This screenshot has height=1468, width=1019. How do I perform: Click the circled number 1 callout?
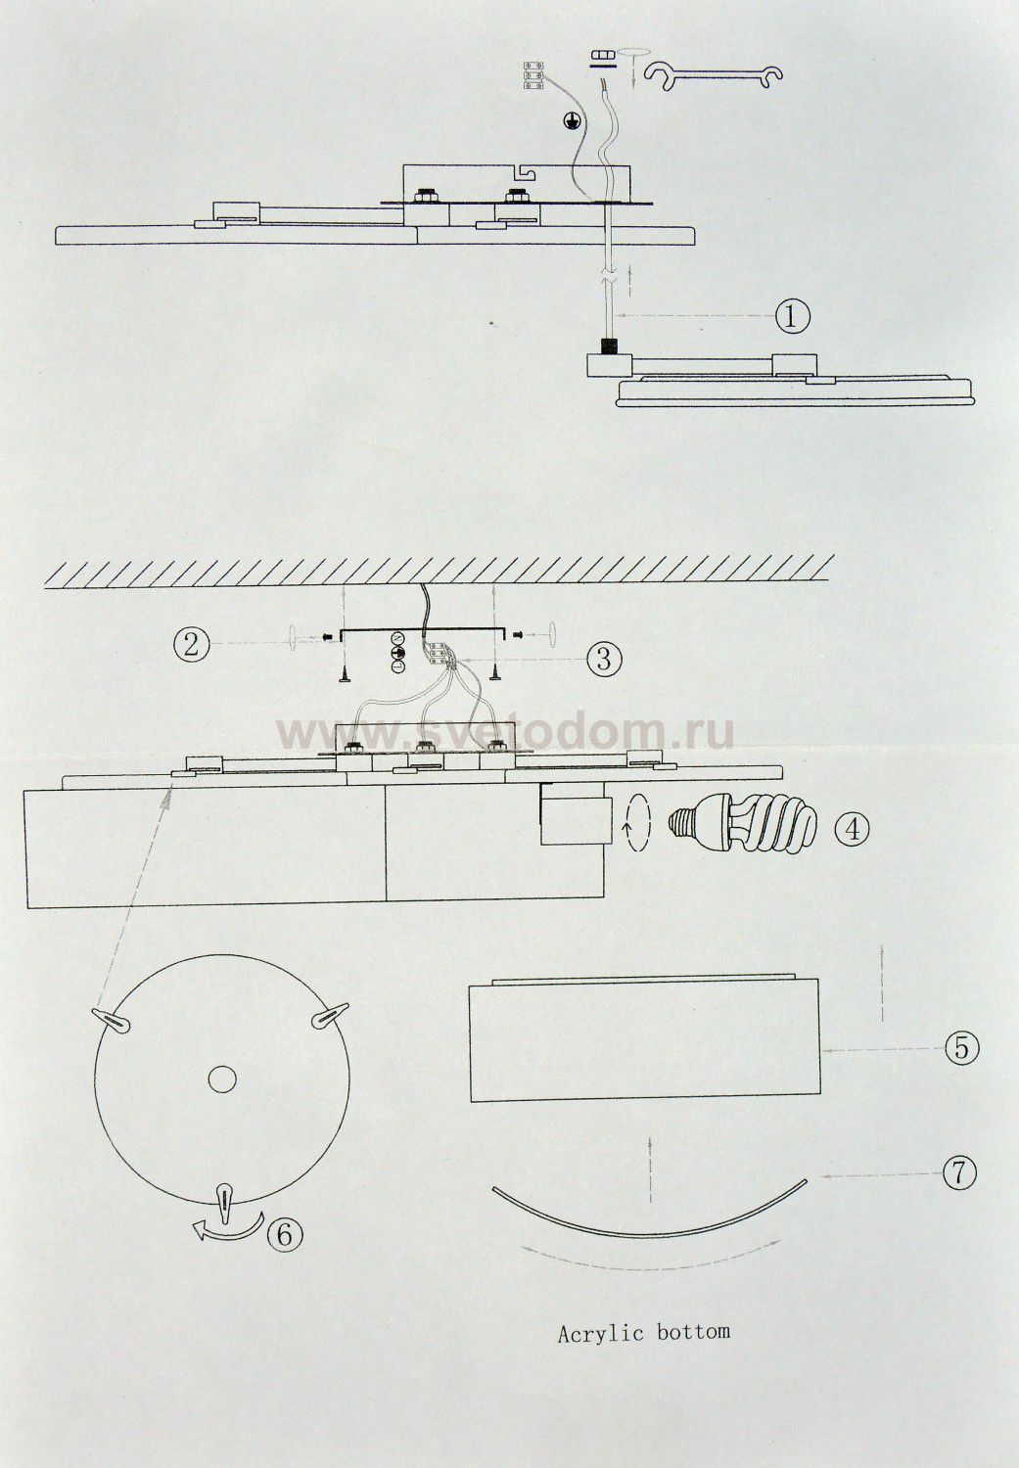pyautogui.click(x=792, y=317)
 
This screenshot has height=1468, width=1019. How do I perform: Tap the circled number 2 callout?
pyautogui.click(x=191, y=644)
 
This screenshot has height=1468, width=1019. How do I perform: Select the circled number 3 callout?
pyautogui.click(x=604, y=659)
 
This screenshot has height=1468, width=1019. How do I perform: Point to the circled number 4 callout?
pyautogui.click(x=852, y=830)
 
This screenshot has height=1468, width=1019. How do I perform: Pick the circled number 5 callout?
pyautogui.click(x=961, y=1047)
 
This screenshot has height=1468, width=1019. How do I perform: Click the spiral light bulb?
pyautogui.click(x=742, y=822)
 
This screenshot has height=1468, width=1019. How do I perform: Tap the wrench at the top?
pyautogui.click(x=714, y=74)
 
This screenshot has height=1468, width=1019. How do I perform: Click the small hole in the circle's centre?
pyautogui.click(x=222, y=1078)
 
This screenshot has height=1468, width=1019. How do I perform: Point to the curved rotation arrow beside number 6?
pyautogui.click(x=230, y=1231)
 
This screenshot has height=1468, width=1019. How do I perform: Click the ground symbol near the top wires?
pyautogui.click(x=572, y=120)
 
